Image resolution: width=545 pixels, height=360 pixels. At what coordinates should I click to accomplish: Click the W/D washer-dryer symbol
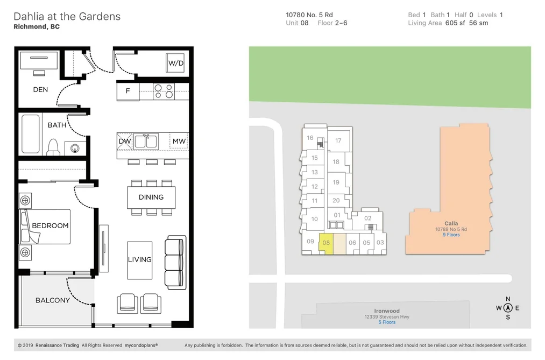click(175, 63)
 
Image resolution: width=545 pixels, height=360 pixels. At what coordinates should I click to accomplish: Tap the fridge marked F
click(128, 91)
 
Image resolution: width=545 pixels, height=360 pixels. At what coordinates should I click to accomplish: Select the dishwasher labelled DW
click(125, 141)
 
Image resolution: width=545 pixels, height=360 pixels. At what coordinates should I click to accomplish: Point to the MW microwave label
click(179, 141)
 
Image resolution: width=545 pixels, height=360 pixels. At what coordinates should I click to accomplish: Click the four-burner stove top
click(164, 91)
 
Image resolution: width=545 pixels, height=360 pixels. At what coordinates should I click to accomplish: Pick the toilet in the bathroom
click(53, 147)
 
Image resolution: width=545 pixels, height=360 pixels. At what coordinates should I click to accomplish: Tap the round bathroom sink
click(75, 149)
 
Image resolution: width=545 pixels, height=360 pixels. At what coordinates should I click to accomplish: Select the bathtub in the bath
click(31, 134)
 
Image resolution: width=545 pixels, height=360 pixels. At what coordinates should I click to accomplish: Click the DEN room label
click(40, 90)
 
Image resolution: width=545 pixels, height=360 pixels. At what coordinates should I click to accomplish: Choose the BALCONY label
click(53, 300)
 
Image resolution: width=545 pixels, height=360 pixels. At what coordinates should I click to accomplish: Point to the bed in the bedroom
click(45, 226)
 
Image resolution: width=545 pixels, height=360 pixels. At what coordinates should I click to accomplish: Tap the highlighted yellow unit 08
click(326, 243)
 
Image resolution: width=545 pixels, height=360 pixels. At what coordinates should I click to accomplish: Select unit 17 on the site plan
click(338, 140)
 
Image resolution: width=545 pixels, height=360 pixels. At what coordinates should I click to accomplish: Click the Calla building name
click(451, 223)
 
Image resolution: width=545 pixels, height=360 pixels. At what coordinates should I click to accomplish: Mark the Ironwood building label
click(387, 311)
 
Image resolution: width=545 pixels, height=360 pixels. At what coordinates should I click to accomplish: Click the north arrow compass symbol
click(508, 308)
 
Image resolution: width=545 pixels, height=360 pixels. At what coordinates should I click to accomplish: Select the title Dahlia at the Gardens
click(67, 16)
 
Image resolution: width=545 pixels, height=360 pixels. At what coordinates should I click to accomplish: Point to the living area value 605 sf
click(455, 23)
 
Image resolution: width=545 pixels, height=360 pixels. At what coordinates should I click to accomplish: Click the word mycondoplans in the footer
click(141, 345)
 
